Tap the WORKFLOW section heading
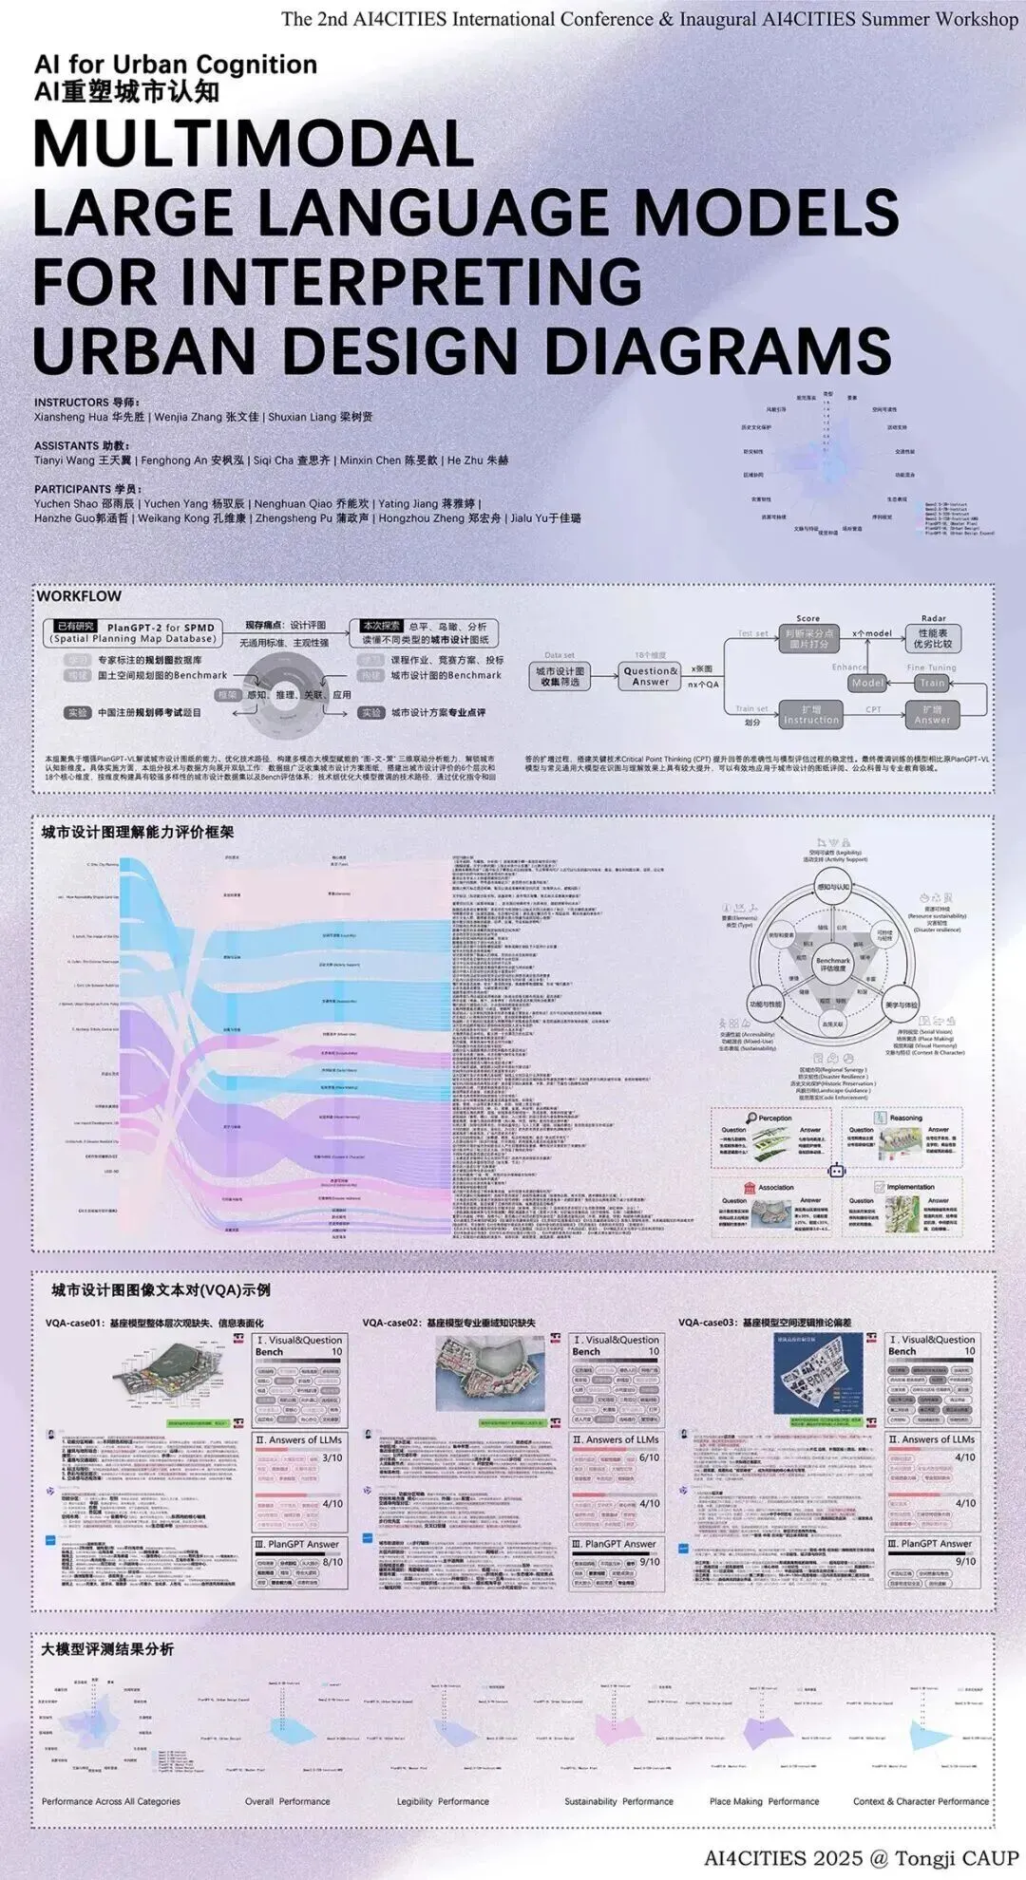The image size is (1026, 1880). (79, 596)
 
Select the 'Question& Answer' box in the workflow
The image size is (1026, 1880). (650, 676)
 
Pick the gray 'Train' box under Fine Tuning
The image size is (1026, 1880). (932, 683)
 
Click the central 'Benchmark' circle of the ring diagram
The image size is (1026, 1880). (833, 964)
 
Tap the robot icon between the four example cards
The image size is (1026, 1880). (837, 1171)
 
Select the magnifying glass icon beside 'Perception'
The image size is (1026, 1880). (751, 1118)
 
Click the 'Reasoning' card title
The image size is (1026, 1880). (905, 1118)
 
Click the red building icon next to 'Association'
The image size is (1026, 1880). (750, 1187)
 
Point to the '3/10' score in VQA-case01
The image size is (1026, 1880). (332, 1457)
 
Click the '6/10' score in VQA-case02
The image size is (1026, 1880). (649, 1457)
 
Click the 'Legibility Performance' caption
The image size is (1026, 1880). (443, 1801)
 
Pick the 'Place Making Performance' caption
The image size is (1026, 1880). (764, 1801)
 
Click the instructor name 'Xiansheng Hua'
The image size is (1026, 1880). (71, 417)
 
